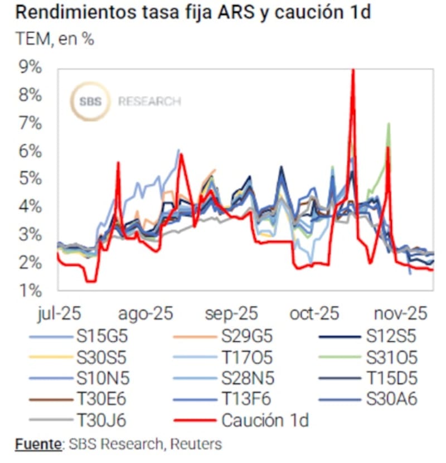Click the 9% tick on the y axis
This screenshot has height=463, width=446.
30,67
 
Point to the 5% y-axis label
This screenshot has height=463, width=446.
30,179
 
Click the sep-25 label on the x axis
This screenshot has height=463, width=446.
230,314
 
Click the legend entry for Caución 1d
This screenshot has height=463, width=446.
264,419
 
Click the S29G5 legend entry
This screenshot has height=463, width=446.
248,336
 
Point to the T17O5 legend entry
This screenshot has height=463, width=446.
248,357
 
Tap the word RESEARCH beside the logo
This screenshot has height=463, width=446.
149,102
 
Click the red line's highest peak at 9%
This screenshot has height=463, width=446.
353,70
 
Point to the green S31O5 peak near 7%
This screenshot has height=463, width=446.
388,124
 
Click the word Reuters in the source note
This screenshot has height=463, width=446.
196,445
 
